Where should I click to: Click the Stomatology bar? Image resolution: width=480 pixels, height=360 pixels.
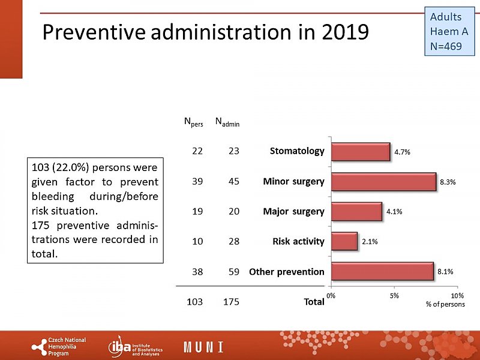[x=360, y=152]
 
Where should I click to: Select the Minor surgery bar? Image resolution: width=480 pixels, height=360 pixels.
[x=383, y=182]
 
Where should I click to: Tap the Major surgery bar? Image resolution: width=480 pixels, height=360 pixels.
[x=356, y=211]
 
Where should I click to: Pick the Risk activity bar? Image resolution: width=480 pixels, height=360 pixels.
[x=344, y=241]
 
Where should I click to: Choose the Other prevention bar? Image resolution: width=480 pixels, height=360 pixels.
[x=382, y=271]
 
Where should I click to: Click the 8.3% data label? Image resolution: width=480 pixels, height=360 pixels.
[x=448, y=182]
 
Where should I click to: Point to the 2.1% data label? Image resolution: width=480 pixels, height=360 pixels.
[x=369, y=242]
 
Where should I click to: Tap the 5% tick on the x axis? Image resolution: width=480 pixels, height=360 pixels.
[x=394, y=296]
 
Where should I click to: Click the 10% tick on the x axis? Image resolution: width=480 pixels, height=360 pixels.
[x=457, y=296]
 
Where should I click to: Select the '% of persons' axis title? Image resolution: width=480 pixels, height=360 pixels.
[x=445, y=305]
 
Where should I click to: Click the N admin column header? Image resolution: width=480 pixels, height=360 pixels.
[x=227, y=123]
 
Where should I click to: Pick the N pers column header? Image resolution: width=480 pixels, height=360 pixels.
[x=193, y=123]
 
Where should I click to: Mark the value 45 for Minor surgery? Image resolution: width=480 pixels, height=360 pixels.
[x=233, y=182]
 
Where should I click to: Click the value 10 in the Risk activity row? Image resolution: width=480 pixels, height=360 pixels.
[x=197, y=241]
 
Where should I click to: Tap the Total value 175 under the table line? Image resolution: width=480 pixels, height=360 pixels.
[x=231, y=302]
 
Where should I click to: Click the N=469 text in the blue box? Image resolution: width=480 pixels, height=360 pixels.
[x=446, y=46]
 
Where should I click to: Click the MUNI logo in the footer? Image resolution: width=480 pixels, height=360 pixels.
[x=203, y=347]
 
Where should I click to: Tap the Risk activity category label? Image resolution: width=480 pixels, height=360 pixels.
[x=298, y=241]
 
